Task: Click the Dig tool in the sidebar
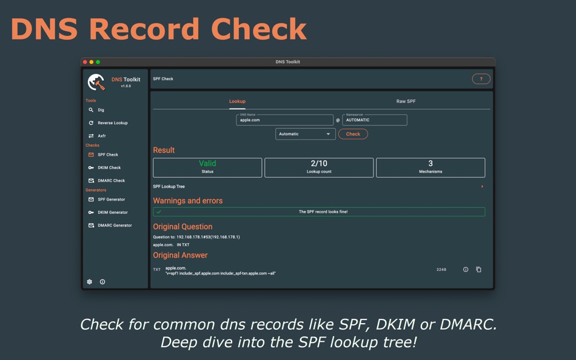[x=101, y=110]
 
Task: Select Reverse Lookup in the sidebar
[x=112, y=123]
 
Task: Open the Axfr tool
[x=101, y=136]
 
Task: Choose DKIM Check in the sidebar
[x=109, y=168]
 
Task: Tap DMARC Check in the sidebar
[x=111, y=181]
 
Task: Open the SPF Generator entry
[x=111, y=199]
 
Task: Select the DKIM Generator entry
[x=112, y=213]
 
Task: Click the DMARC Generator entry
[x=114, y=225]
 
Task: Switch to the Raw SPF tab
[x=406, y=101]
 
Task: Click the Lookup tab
[x=237, y=101]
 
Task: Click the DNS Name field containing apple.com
[x=284, y=120]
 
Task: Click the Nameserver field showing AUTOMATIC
[x=374, y=120]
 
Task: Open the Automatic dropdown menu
[x=305, y=134]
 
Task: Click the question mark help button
[x=481, y=79]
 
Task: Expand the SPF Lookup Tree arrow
[x=482, y=187]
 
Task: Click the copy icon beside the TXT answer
[x=478, y=270]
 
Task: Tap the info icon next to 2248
[x=466, y=270]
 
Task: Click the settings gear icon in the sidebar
[x=90, y=282]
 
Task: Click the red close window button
[x=85, y=62]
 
